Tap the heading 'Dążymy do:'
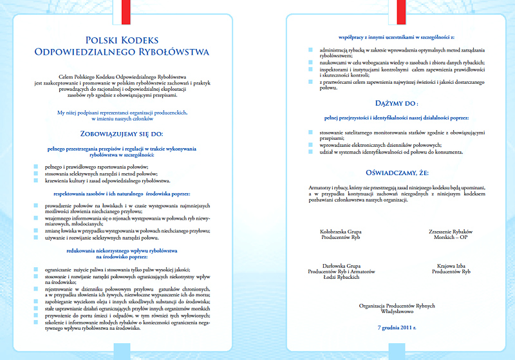click(397, 102)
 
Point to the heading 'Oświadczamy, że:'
click(397, 173)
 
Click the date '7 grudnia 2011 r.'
click(397, 327)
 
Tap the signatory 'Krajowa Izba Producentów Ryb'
click(451, 269)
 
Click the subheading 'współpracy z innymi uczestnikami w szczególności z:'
click(397, 38)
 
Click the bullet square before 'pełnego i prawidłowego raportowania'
click(36, 166)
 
